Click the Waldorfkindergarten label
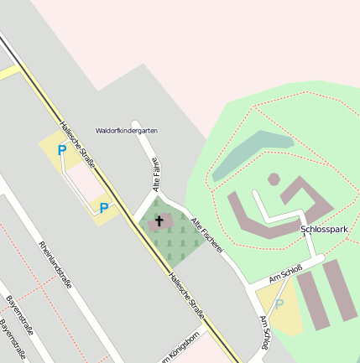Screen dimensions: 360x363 tap(127, 131)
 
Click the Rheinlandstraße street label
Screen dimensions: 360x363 tap(55, 264)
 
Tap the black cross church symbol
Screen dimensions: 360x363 tap(159, 222)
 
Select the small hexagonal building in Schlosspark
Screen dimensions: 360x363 tap(274, 179)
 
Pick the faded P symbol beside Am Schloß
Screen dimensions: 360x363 tap(279, 304)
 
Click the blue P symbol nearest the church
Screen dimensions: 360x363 tap(104, 208)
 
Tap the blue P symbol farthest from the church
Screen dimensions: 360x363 tap(61, 151)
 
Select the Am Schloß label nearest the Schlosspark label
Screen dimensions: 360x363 tap(285, 272)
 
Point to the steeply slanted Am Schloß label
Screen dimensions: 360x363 tap(267, 332)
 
